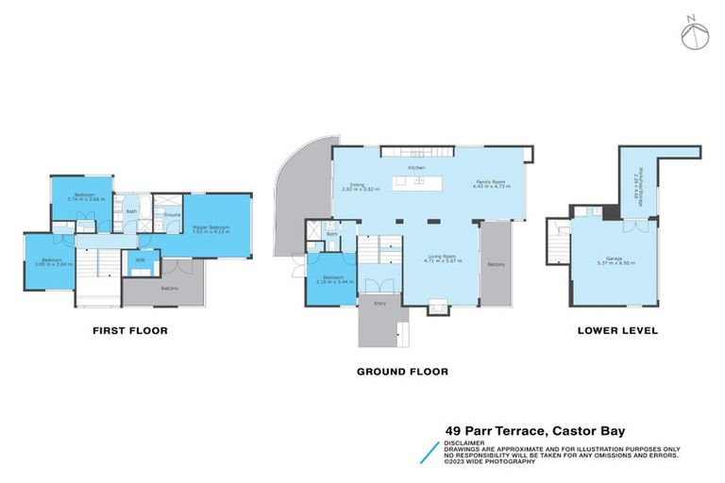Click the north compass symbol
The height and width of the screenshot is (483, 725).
coord(694,34)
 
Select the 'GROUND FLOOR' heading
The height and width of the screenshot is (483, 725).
coord(401,372)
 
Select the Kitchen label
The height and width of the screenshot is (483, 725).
coord(415,167)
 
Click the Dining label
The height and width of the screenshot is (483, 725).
coord(358,185)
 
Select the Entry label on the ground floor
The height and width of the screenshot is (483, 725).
coord(379,303)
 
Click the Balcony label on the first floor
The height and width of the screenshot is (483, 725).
coord(170,288)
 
